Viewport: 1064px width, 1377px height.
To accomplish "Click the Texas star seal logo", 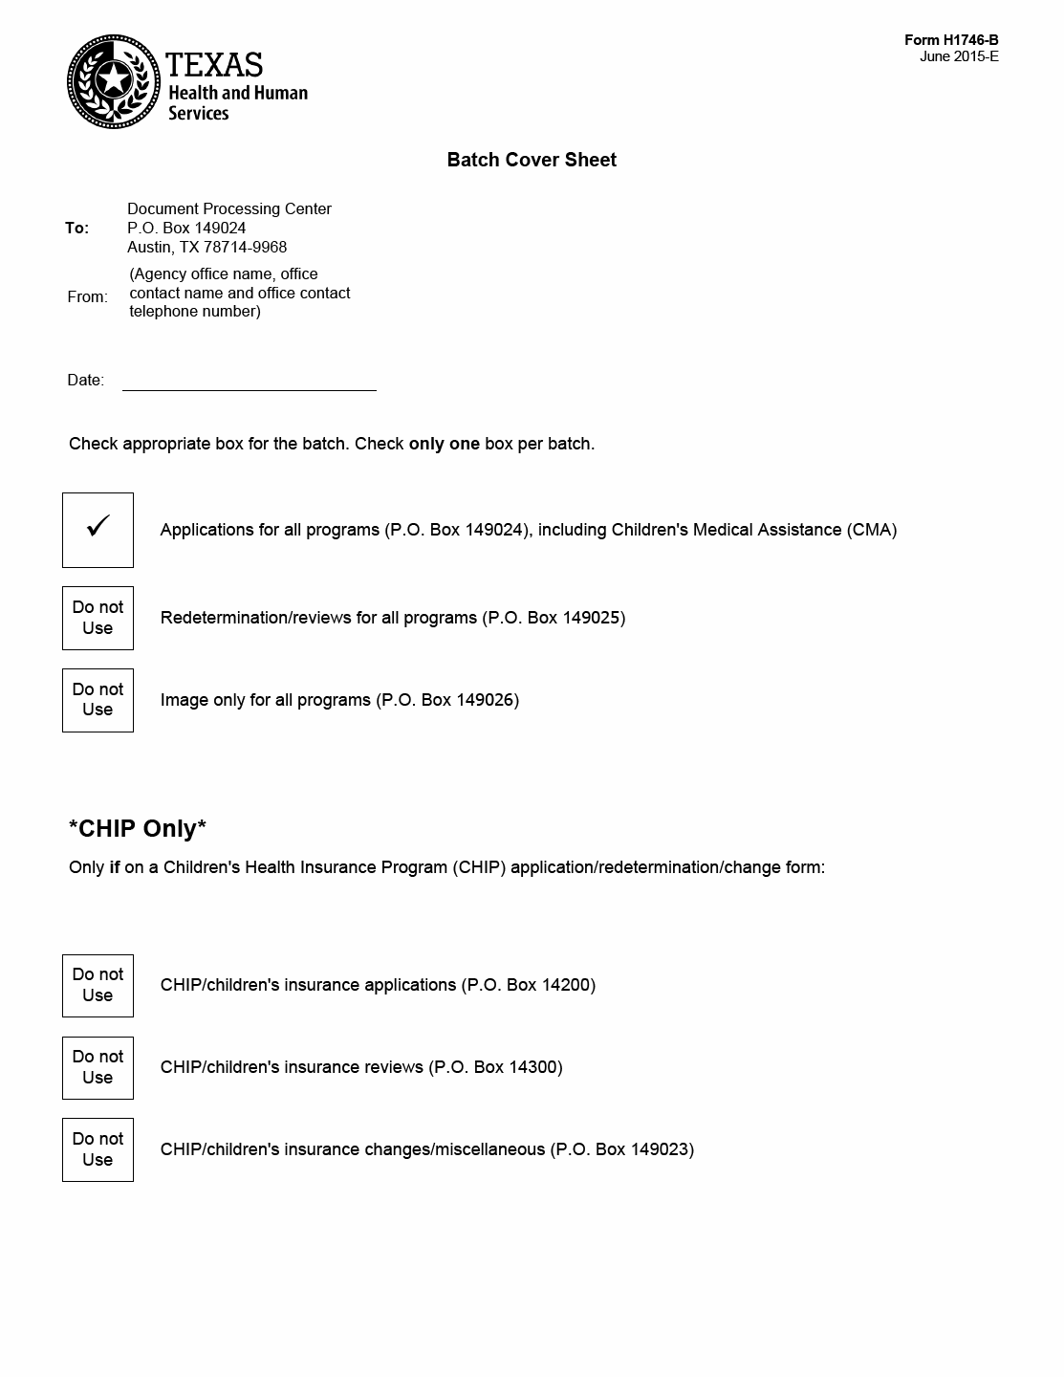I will click(113, 81).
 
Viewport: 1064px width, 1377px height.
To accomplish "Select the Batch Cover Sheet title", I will click(532, 160).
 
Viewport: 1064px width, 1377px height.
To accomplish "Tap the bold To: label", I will click(76, 228).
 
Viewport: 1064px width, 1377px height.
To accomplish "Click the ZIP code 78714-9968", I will click(245, 247).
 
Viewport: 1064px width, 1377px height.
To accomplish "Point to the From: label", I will click(87, 296).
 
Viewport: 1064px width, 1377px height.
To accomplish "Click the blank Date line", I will click(249, 381).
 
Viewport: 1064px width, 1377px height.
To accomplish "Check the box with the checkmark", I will click(98, 530).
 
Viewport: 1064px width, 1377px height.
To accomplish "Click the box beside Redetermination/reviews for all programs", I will click(98, 618).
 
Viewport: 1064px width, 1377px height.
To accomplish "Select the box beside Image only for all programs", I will click(98, 700).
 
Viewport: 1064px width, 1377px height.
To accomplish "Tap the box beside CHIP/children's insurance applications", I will click(98, 985).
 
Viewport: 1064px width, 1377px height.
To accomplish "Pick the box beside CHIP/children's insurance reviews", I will click(98, 1067).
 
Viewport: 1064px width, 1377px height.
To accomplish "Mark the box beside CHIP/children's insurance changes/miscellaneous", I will click(98, 1149).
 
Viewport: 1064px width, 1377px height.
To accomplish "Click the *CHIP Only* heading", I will click(138, 828).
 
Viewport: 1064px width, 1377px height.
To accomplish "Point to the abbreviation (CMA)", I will click(872, 530).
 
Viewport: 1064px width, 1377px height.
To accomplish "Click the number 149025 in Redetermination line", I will click(591, 618).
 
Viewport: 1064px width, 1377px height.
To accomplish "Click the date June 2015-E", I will click(959, 56).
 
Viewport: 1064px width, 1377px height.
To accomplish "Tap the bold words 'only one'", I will click(444, 444).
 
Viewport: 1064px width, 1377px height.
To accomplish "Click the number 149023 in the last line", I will click(659, 1149).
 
